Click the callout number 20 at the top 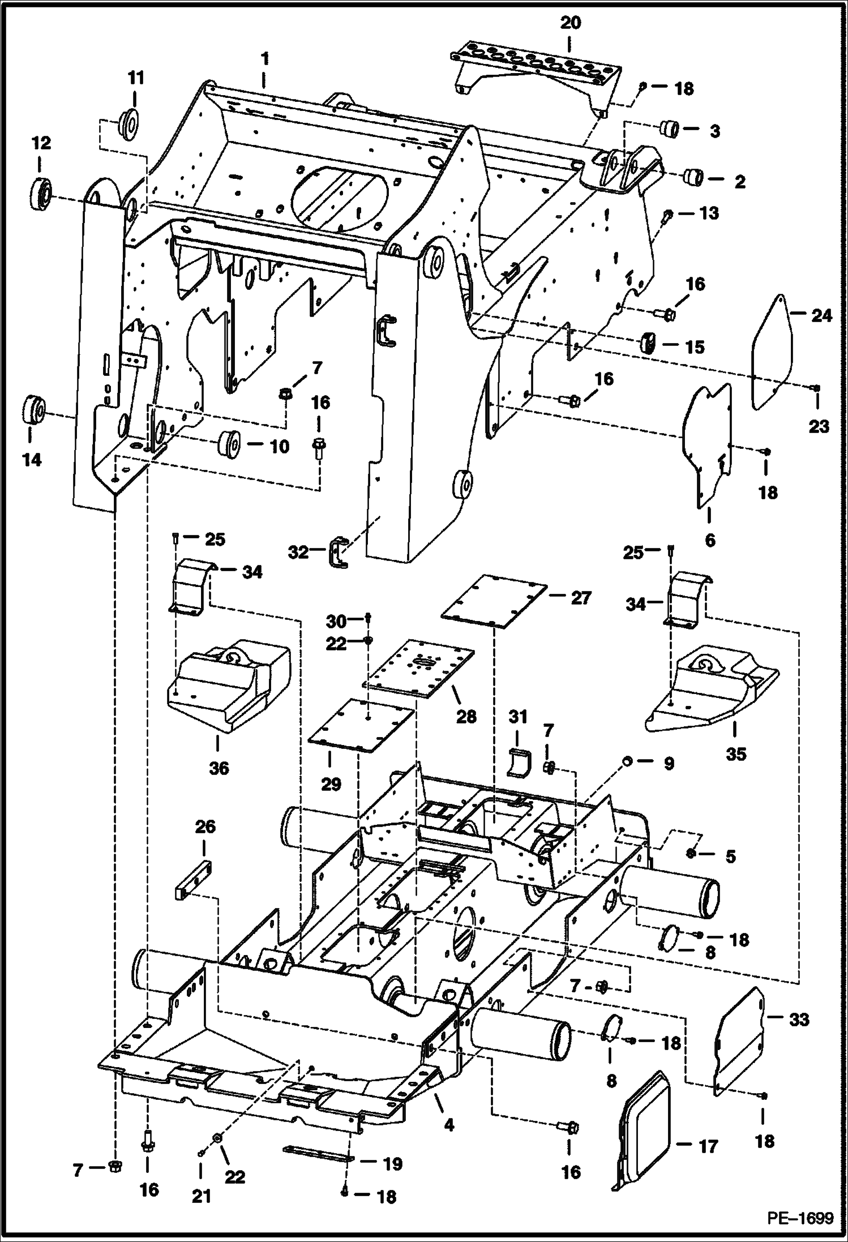[x=571, y=24]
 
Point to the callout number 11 [x=136, y=78]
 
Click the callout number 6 [x=709, y=540]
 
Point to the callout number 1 [x=264, y=59]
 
